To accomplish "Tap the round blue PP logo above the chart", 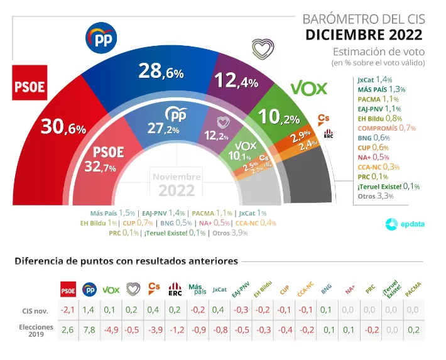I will tap(102, 39).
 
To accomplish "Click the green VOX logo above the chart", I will tap(309, 89).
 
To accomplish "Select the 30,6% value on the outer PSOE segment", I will tap(63, 128).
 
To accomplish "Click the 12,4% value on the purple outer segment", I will tap(237, 80).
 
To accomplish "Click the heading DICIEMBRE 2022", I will tap(364, 34).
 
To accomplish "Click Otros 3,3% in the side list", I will tap(375, 196).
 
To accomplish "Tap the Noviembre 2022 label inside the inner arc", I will tap(177, 183).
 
